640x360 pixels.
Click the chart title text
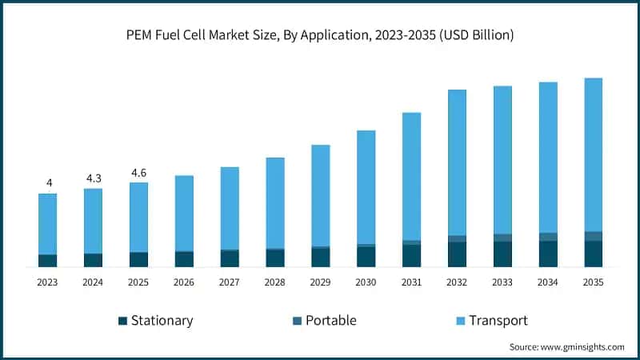(320, 34)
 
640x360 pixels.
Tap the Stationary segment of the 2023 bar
(48, 261)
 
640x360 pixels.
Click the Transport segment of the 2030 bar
(366, 187)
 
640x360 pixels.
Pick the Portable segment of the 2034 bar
(548, 237)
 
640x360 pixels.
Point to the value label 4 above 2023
(49, 183)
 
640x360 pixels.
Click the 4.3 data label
(94, 178)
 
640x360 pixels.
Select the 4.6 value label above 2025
(138, 173)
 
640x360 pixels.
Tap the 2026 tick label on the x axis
(184, 282)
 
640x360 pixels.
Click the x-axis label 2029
(320, 282)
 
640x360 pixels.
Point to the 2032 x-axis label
(457, 282)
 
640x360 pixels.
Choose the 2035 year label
(594, 282)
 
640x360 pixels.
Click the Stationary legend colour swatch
(122, 321)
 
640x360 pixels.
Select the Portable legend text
(330, 321)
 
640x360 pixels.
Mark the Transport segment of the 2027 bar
(230, 208)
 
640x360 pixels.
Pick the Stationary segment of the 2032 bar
(457, 254)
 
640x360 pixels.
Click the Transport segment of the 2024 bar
(94, 221)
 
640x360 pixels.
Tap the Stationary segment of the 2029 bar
(320, 258)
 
